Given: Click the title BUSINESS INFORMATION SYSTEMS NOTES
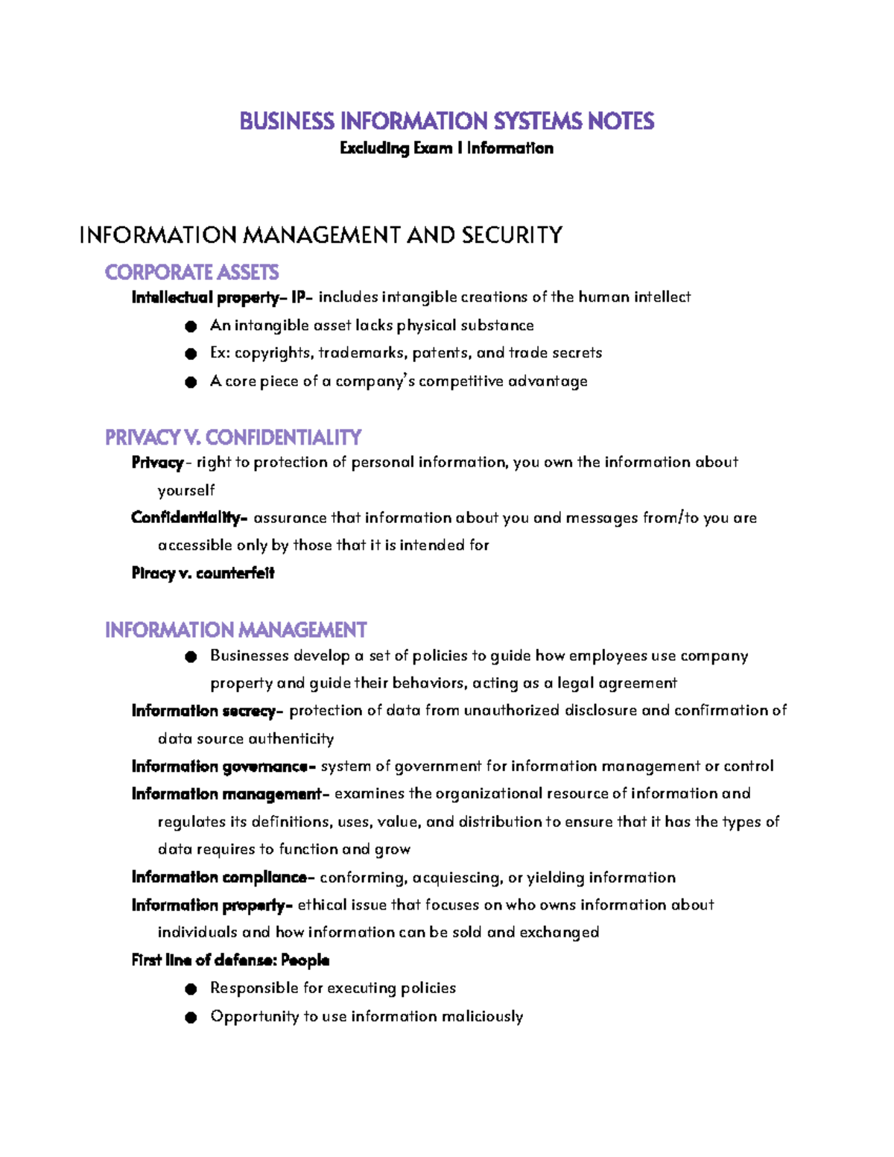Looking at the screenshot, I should [446, 121].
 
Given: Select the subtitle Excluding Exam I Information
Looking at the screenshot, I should [446, 148].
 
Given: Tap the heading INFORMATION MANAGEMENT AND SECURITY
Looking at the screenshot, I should [320, 235].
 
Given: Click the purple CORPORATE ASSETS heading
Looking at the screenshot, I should [191, 272].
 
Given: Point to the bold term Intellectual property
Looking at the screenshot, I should [205, 298].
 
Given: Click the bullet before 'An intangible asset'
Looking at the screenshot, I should [191, 326].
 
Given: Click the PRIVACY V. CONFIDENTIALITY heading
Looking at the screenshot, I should [233, 437].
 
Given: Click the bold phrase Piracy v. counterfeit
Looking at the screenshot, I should [203, 574].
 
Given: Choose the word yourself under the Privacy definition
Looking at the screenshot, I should [186, 490].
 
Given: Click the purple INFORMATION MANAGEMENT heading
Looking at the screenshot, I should [235, 630].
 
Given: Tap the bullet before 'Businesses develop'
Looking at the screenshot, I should [191, 656].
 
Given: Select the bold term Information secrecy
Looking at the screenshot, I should [204, 711].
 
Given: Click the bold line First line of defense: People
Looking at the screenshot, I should [230, 960].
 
